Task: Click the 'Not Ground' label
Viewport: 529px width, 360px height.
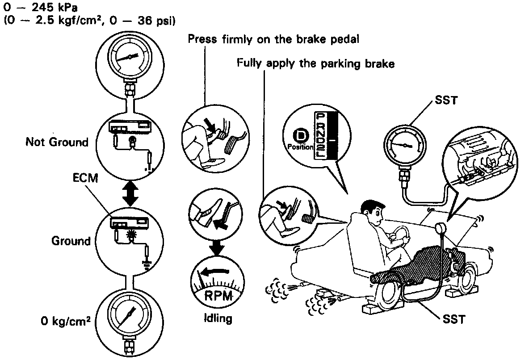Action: point(57,142)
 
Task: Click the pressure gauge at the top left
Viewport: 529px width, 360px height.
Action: point(130,58)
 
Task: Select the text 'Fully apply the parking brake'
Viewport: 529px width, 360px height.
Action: point(315,64)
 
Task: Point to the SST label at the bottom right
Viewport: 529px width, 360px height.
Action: point(454,319)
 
